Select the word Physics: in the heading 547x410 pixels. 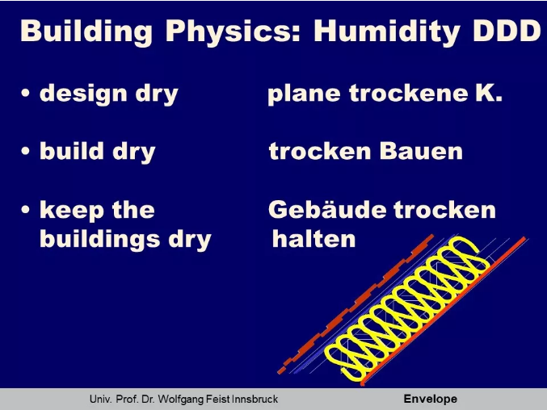(x=233, y=31)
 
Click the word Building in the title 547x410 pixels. (x=86, y=31)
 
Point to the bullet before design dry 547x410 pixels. (x=25, y=93)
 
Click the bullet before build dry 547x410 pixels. (x=25, y=151)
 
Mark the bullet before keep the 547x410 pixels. (x=25, y=209)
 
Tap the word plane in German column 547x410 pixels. (x=304, y=94)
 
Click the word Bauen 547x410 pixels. (x=421, y=151)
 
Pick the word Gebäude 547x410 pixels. (x=327, y=210)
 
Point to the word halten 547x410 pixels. (x=313, y=239)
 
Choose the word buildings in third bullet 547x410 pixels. (x=99, y=240)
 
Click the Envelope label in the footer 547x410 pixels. (x=430, y=399)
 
